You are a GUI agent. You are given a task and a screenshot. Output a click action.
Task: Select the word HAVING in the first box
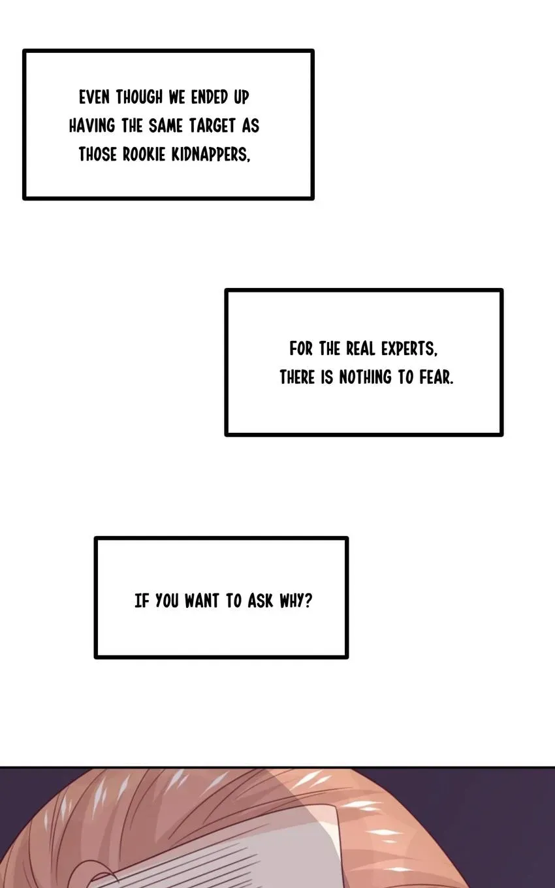pos(92,125)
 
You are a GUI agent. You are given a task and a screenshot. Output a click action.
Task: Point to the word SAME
pos(166,125)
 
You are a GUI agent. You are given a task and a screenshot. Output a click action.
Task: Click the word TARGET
pos(212,125)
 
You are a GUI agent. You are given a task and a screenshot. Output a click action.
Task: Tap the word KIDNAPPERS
pos(211,154)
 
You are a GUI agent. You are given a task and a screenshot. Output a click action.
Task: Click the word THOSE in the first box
pos(97,154)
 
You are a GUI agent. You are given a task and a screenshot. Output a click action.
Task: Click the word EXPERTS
pos(409,349)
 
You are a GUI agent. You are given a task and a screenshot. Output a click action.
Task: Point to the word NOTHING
pos(365,377)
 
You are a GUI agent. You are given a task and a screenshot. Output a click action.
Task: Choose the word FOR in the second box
pos(301,349)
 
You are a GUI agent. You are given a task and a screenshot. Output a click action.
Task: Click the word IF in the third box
pos(142,601)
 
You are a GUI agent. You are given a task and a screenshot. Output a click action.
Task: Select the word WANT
pos(202,601)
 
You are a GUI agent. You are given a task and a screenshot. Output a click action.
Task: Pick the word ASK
pos(261,601)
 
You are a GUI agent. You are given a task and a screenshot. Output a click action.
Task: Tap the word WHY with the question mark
pos(296,601)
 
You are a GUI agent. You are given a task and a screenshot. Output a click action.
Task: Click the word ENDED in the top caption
pos(210,97)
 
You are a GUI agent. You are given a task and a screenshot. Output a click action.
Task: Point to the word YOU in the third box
pos(166,601)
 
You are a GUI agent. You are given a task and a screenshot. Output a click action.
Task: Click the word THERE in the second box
pos(297,377)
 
